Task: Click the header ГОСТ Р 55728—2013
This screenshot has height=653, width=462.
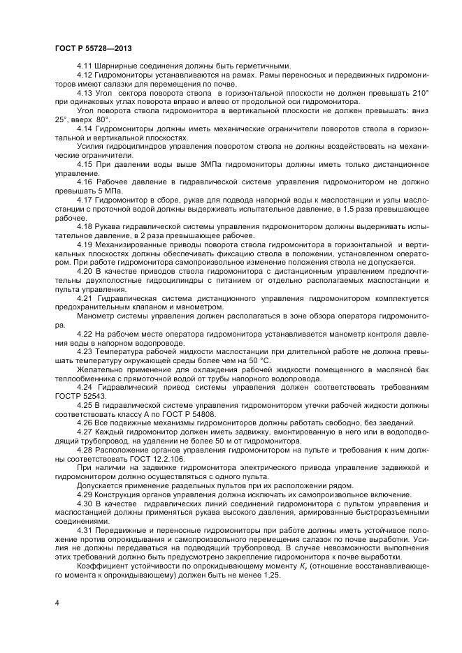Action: point(93,48)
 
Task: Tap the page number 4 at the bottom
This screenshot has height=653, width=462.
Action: point(57,601)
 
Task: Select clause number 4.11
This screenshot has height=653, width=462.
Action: point(85,65)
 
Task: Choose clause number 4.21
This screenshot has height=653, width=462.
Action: point(85,298)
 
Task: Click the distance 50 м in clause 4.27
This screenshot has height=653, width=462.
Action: point(212,441)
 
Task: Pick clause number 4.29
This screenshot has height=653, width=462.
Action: point(85,494)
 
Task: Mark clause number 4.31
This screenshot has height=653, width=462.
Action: point(85,531)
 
